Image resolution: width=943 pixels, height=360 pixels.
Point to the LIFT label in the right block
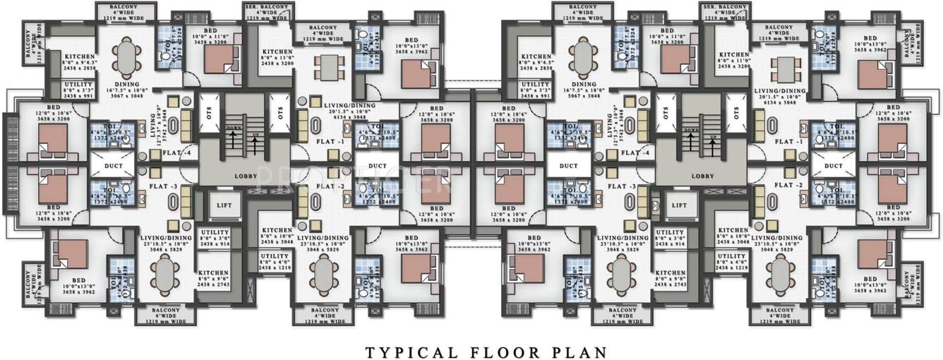click(x=679, y=205)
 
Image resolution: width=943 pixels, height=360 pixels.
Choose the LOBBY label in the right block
click(x=703, y=176)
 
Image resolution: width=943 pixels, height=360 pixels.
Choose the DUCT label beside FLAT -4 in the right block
click(x=568, y=166)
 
